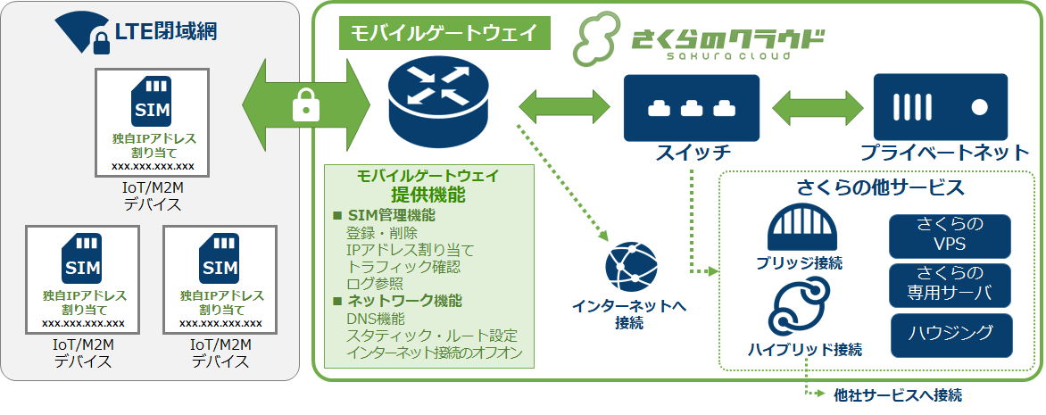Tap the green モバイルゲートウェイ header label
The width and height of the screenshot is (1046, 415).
(444, 34)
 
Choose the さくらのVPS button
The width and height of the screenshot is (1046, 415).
(950, 236)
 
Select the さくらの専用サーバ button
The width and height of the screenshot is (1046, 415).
(950, 284)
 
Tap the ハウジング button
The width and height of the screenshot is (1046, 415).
(950, 334)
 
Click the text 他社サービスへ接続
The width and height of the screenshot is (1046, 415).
(897, 394)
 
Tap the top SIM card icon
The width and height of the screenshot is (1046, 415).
(152, 103)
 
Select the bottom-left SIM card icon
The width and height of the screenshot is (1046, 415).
(83, 259)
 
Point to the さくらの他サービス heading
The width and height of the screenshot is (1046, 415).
(879, 188)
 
